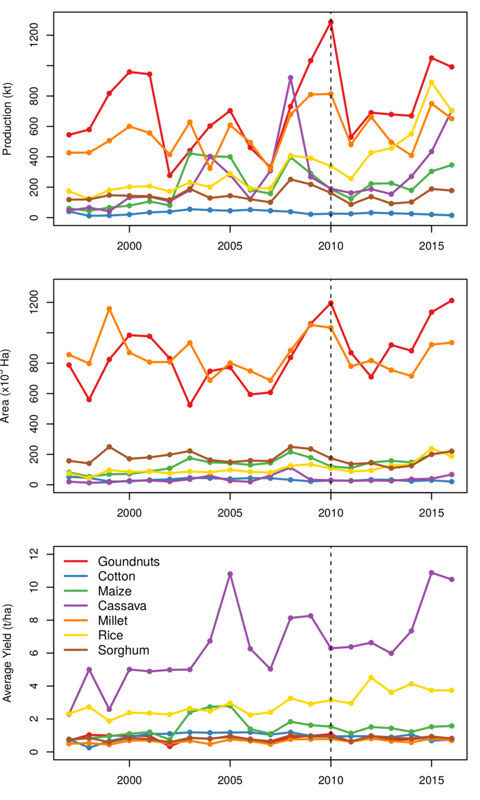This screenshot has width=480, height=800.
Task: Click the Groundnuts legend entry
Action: click(x=130, y=561)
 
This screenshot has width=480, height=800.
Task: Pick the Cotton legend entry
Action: click(x=117, y=576)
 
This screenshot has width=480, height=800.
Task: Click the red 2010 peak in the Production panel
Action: click(x=331, y=21)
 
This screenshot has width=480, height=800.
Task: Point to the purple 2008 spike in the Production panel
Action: click(x=291, y=77)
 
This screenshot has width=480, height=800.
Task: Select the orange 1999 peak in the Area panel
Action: click(x=109, y=308)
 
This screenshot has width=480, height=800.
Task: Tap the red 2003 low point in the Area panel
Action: click(x=189, y=405)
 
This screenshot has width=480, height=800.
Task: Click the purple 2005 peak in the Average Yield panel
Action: click(x=230, y=574)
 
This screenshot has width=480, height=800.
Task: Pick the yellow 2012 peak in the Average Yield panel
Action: click(x=371, y=677)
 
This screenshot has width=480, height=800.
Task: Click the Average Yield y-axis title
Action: click(x=8, y=657)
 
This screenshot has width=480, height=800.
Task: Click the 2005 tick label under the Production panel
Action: click(x=230, y=245)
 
